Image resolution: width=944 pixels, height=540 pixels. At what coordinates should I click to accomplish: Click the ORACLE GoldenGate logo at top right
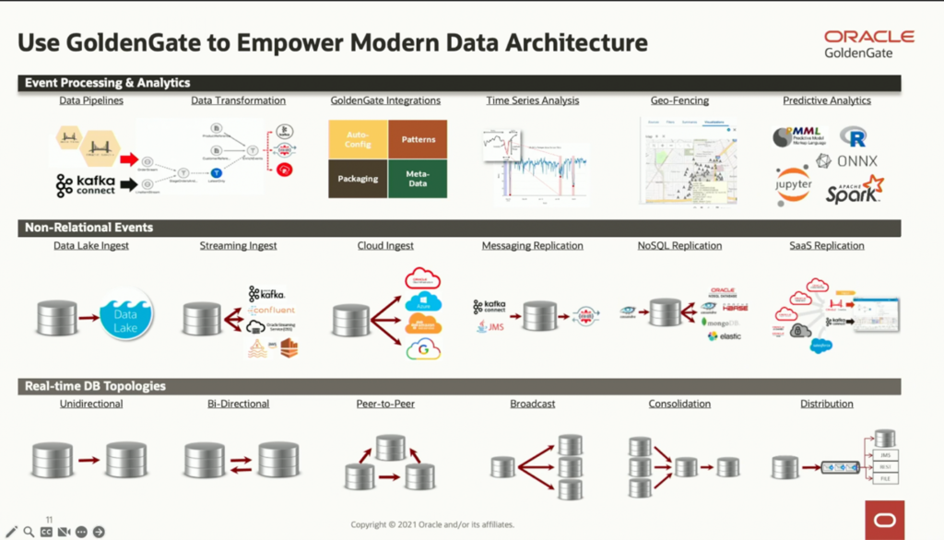click(x=868, y=43)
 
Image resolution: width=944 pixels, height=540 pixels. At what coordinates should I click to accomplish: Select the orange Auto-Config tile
click(x=358, y=139)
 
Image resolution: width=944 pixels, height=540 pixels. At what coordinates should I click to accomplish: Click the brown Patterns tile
click(x=418, y=139)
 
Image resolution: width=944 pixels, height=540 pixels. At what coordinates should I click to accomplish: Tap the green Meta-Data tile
click(x=418, y=178)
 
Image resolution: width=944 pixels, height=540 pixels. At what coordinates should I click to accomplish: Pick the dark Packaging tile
click(x=358, y=178)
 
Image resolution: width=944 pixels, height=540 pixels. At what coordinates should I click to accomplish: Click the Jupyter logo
click(x=793, y=184)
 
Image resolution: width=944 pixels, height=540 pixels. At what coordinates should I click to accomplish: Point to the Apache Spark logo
click(x=854, y=190)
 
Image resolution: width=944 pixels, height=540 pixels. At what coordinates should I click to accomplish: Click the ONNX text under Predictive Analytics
click(x=856, y=160)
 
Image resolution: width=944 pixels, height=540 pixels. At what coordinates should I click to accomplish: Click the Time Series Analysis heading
click(x=532, y=100)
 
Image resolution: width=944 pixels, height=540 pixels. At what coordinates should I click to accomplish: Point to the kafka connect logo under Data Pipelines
click(x=86, y=185)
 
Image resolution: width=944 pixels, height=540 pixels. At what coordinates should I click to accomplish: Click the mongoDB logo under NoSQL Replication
click(x=720, y=322)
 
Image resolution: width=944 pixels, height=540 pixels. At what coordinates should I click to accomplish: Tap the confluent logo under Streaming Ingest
click(x=272, y=311)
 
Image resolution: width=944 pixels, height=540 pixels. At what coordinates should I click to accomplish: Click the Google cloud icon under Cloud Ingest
click(x=423, y=349)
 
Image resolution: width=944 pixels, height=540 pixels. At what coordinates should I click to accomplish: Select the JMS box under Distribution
click(x=885, y=455)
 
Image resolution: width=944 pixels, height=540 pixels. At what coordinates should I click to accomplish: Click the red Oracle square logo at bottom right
click(x=884, y=520)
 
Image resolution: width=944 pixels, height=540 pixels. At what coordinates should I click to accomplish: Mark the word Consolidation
click(x=678, y=404)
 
